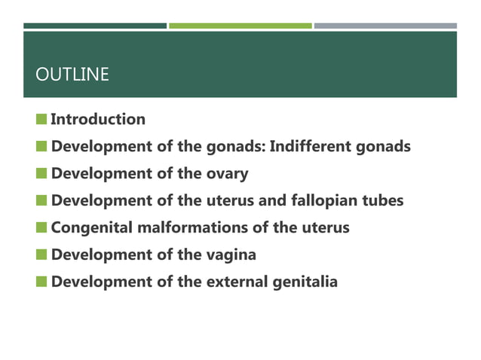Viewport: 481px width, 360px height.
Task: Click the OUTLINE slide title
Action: pyautogui.click(x=72, y=75)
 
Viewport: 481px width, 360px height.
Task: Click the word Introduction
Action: pyautogui.click(x=97, y=119)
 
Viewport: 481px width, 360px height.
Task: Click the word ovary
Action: pyautogui.click(x=225, y=174)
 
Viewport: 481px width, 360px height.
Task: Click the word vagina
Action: pyautogui.click(x=231, y=255)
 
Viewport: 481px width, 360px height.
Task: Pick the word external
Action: pyautogui.click(x=237, y=282)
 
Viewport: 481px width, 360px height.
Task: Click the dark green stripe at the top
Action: pyautogui.click(x=94, y=26)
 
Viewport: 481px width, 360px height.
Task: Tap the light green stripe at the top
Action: pyautogui.click(x=240, y=26)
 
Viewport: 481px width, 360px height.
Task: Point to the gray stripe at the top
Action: pyautogui.click(x=385, y=26)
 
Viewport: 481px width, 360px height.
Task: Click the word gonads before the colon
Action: pyautogui.click(x=234, y=146)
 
